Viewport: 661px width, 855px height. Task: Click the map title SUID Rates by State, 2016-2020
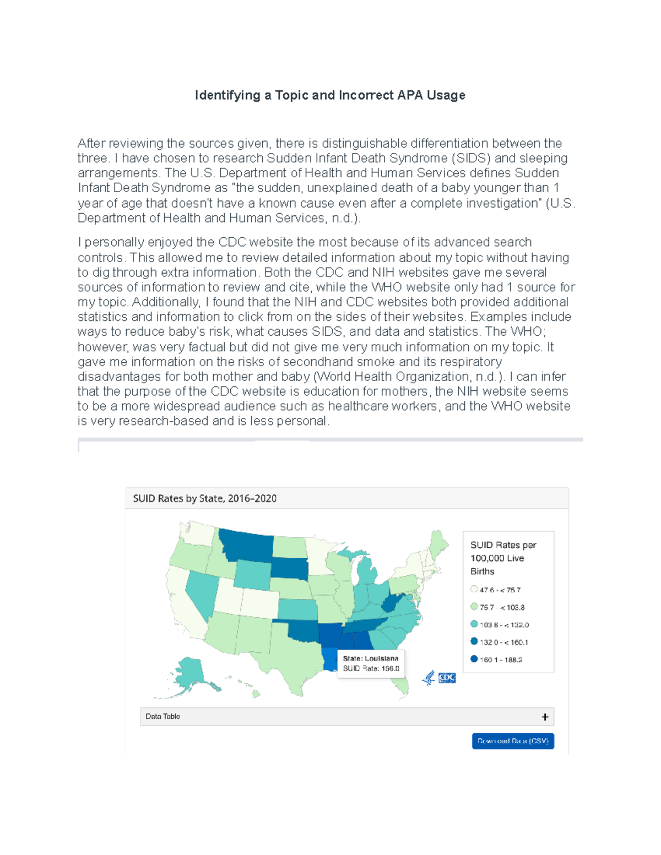[204, 498]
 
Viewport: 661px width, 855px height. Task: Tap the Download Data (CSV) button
[512, 741]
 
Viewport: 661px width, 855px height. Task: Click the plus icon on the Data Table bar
[545, 717]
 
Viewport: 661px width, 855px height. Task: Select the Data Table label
[162, 716]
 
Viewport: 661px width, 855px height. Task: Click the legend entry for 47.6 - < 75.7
[499, 590]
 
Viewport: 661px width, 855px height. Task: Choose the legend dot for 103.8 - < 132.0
[474, 624]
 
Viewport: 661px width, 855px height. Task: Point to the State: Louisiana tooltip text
[370, 658]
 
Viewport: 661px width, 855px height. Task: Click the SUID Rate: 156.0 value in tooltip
[371, 668]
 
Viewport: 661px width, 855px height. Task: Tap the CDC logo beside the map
[446, 678]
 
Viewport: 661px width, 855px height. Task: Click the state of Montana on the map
[245, 545]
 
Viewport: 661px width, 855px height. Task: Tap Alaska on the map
[190, 674]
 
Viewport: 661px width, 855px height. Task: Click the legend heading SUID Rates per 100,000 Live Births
[502, 558]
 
